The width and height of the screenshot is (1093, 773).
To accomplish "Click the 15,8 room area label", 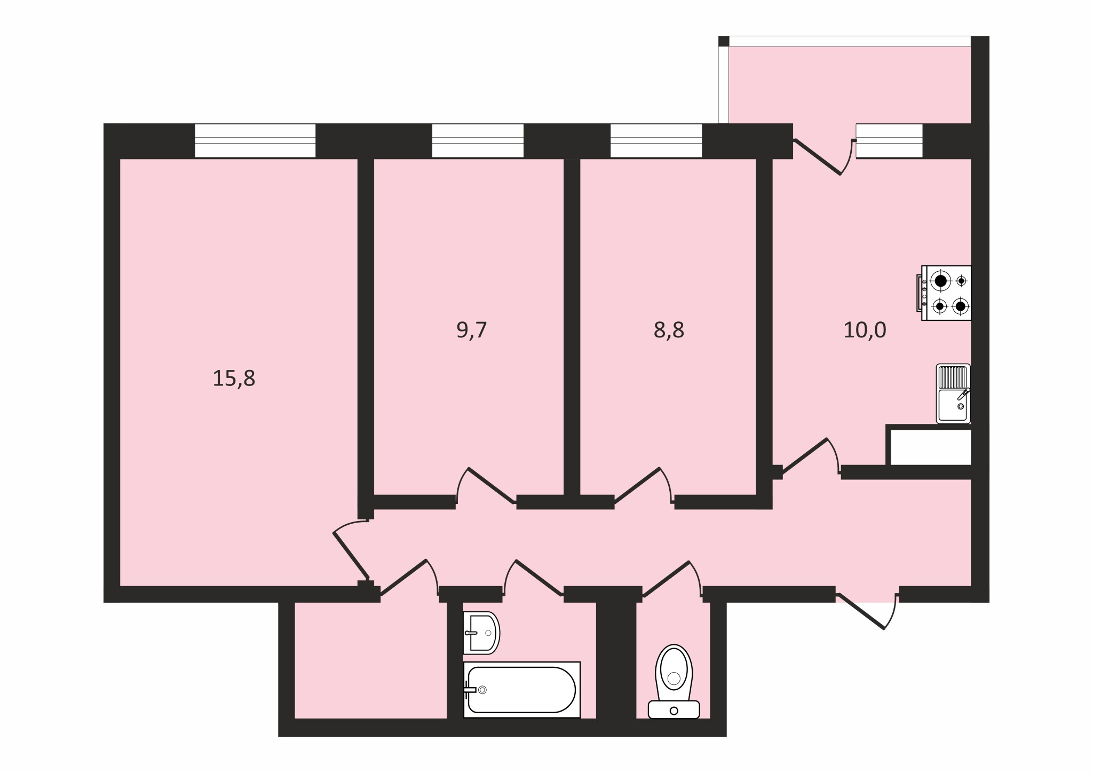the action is click(234, 378).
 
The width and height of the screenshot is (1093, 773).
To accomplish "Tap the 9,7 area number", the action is click(472, 330).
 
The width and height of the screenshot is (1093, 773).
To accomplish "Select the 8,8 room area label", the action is click(669, 330).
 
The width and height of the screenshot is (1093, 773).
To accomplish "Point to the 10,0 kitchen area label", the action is click(865, 330).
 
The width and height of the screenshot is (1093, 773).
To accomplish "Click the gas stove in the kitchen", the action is click(944, 293).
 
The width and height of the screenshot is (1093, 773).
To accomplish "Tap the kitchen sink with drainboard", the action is click(953, 393).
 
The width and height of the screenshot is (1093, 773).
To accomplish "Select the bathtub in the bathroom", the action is click(521, 690).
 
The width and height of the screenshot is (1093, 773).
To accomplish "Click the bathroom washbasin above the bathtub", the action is click(481, 633).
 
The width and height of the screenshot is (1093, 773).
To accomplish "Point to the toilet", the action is click(674, 682).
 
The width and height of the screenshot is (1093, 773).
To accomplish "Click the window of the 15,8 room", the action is click(255, 141).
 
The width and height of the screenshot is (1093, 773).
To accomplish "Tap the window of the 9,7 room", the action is click(478, 141).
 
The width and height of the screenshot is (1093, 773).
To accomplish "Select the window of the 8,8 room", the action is click(656, 141).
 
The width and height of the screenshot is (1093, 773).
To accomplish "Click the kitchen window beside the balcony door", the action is click(889, 141).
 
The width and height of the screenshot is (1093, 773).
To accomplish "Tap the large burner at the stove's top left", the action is click(941, 280).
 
